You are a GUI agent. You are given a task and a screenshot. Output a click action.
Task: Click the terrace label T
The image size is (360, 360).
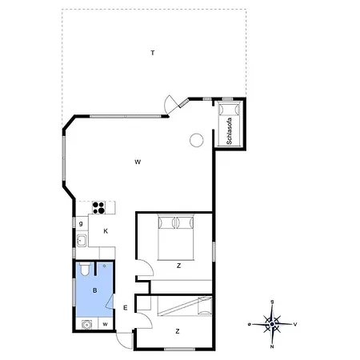(x=153, y=53)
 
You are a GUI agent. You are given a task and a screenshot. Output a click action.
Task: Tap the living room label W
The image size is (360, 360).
(x=138, y=162)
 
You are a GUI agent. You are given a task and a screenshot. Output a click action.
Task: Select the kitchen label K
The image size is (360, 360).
(x=106, y=231)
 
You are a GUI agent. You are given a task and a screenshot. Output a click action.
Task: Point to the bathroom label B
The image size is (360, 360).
(x=94, y=290)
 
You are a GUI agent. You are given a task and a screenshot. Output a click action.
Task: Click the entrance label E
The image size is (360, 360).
(x=126, y=308)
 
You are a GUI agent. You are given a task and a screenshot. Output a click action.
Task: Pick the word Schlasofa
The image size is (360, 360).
(x=229, y=131)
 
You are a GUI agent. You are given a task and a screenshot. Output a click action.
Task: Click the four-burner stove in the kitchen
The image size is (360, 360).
(x=98, y=208)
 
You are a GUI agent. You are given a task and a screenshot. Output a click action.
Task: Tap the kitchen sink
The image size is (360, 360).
(x=82, y=241)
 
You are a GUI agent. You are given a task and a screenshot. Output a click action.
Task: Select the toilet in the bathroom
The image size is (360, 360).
(x=85, y=269)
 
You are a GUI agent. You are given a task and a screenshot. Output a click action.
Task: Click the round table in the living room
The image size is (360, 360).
(x=197, y=140)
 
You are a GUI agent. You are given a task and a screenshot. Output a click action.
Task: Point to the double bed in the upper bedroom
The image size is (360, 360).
(x=175, y=237)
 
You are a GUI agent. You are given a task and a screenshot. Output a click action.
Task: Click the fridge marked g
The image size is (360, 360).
(x=81, y=223)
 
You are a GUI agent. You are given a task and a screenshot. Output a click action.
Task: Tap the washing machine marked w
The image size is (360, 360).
(x=106, y=324)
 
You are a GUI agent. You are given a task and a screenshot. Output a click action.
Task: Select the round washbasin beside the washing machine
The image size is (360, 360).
(x=86, y=325)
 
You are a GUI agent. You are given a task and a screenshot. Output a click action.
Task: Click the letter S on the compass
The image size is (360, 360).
(x=272, y=302)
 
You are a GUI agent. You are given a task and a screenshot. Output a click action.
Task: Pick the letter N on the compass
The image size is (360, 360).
(x=272, y=346)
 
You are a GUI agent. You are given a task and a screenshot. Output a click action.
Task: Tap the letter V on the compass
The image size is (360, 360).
(x=295, y=324)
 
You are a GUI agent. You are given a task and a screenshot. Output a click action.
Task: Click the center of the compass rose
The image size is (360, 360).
(x=272, y=324)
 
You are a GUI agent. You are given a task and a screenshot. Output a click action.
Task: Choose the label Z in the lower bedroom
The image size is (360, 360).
(x=178, y=331)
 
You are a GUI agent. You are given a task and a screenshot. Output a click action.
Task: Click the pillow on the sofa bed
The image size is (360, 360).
(x=229, y=109)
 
